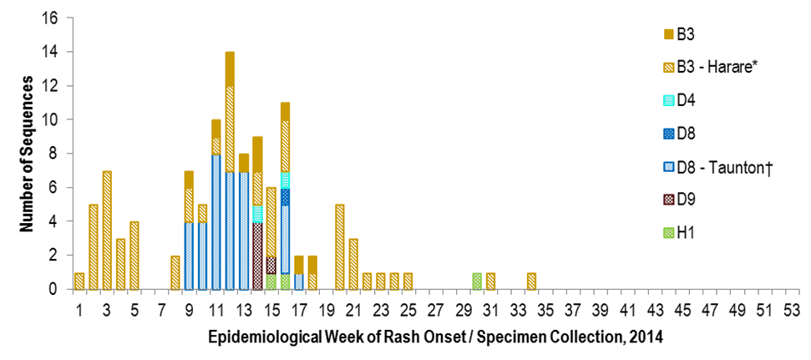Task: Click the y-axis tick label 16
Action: tap(52, 18)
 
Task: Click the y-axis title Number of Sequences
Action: tap(27, 154)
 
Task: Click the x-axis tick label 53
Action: tap(791, 310)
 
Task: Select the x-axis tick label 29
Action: tap(463, 310)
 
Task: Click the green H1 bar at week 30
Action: tap(476, 281)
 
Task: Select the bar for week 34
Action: tap(531, 281)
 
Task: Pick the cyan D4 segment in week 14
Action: tap(257, 214)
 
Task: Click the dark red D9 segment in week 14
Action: tap(257, 256)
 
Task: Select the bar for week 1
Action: tap(79, 281)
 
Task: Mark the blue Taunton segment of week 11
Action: tap(216, 221)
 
